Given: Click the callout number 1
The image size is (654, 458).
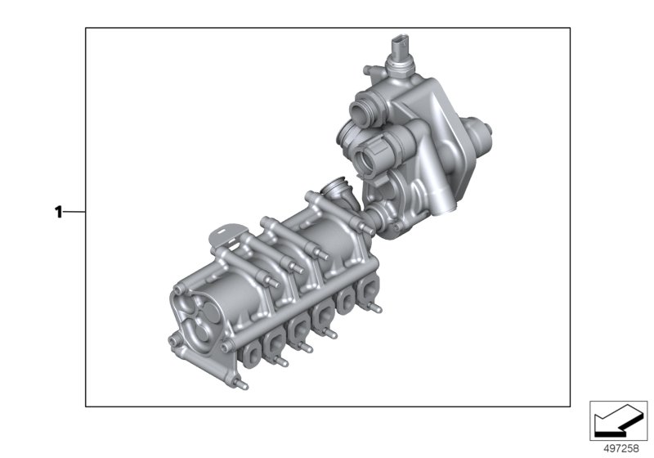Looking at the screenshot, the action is click(x=58, y=213).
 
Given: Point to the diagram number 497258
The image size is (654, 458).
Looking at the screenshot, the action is click(x=621, y=448).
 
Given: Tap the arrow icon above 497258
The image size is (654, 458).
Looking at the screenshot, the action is click(x=619, y=420).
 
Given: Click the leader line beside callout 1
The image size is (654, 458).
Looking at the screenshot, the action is click(x=74, y=213).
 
